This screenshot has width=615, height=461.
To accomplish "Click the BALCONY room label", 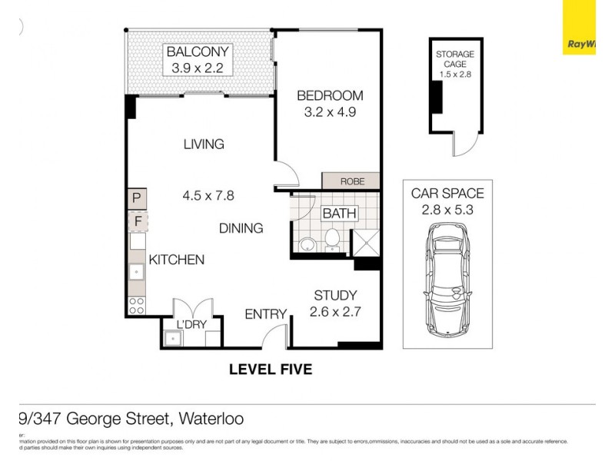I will click(198, 52).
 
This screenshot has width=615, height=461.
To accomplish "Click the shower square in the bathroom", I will click(364, 241).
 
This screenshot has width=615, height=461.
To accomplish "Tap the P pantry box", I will click(137, 199).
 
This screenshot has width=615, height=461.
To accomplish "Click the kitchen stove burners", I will click(137, 305).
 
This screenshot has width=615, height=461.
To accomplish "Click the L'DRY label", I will click(191, 325).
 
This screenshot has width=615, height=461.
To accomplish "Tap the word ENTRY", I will click(265, 314).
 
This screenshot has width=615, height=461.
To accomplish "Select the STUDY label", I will click(335, 295).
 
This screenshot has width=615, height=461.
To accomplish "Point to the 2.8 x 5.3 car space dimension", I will click(447, 208).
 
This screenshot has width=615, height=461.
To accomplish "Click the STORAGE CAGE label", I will click(455, 59).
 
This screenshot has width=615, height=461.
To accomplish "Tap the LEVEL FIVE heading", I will click(271, 370).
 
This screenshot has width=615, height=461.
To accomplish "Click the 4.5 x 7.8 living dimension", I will click(208, 195).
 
